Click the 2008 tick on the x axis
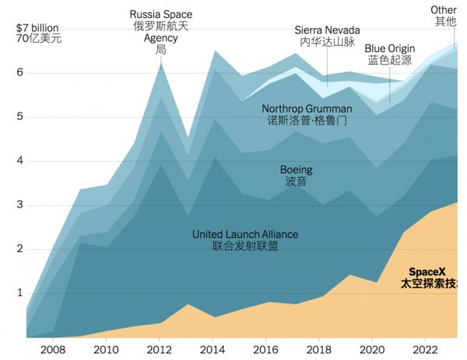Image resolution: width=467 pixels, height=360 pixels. [x=54, y=351]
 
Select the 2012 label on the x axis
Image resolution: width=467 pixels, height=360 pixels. [x=160, y=351]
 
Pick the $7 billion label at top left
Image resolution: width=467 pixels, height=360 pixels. [x=37, y=26]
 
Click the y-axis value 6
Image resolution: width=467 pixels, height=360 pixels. [x=19, y=73]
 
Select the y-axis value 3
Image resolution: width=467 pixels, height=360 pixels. [x=19, y=205]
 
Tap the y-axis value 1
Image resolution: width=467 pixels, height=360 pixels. [x=19, y=293]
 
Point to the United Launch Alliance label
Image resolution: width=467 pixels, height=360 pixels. [x=245, y=234]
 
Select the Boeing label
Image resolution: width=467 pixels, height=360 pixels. [x=296, y=170]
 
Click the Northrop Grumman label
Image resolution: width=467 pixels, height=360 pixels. [x=307, y=109]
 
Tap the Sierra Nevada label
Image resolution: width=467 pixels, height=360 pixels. [x=327, y=30]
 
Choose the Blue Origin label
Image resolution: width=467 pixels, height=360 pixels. [x=390, y=47]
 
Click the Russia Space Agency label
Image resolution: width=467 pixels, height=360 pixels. [x=161, y=15]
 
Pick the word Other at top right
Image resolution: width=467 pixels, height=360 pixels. [x=444, y=10]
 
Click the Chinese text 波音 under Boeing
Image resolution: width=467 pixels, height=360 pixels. [x=296, y=181]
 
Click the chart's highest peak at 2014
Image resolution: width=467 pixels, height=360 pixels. [x=214, y=51]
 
